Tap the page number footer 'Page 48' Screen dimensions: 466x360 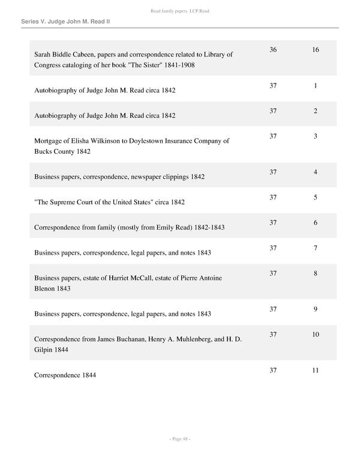click(180, 439)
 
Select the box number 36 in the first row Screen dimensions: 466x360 click(273, 50)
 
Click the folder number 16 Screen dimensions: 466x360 click(316, 50)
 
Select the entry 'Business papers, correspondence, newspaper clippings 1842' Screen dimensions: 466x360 click(119, 177)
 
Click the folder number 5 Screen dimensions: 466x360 click(316, 198)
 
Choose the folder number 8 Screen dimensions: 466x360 click(316, 273)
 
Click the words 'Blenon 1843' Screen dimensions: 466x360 click(53, 288)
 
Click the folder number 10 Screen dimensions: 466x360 click(316, 334)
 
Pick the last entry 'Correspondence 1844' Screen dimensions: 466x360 click(65, 375)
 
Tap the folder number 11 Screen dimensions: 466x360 click(316, 371)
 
